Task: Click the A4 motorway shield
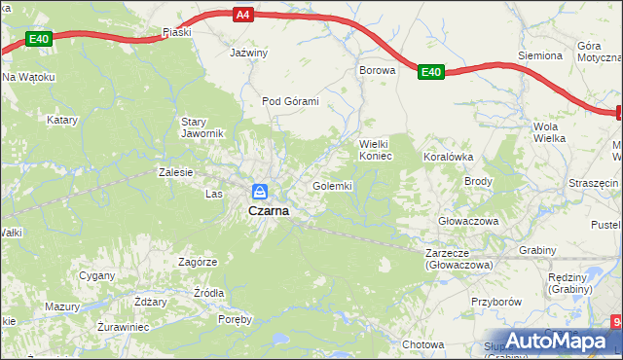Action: coord(242,15)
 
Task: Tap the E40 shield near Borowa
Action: coord(431,71)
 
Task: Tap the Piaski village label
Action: coord(177,32)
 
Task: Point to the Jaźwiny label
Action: coord(247,53)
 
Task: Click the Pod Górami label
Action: coord(290,101)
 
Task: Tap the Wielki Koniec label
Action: coord(376,149)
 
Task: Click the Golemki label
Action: coord(332,185)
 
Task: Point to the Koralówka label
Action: coord(448,156)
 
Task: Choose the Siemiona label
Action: coord(540,55)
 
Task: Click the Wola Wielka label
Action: coord(549,132)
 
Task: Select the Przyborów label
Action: coord(496,302)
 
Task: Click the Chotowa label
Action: coord(423,344)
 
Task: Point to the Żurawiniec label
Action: coord(123,327)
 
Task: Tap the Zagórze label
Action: coord(198,262)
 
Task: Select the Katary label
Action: coord(62,121)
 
